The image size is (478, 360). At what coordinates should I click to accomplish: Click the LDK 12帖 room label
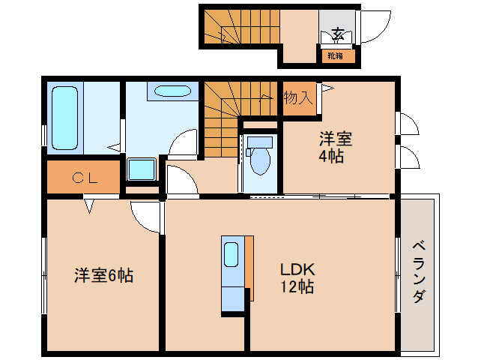click(297, 277)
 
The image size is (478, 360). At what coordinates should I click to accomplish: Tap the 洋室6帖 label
click(104, 275)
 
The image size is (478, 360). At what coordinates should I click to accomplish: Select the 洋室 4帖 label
click(336, 147)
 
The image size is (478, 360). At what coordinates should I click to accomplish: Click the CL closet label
click(85, 178)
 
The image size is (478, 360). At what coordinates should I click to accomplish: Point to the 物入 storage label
click(298, 98)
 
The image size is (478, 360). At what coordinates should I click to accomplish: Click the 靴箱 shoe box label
click(336, 55)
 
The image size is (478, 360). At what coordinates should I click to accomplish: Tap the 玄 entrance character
click(338, 33)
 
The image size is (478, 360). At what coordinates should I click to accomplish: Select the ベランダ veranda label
click(419, 271)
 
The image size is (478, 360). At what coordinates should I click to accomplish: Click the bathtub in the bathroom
click(64, 118)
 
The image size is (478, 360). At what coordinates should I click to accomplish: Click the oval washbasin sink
click(172, 91)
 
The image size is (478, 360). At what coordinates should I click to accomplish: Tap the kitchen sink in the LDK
click(231, 254)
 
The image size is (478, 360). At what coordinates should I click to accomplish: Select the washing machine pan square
click(142, 169)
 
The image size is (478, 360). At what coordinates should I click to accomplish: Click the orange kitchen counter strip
click(249, 268)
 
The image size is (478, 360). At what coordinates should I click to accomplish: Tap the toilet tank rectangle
click(260, 142)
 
